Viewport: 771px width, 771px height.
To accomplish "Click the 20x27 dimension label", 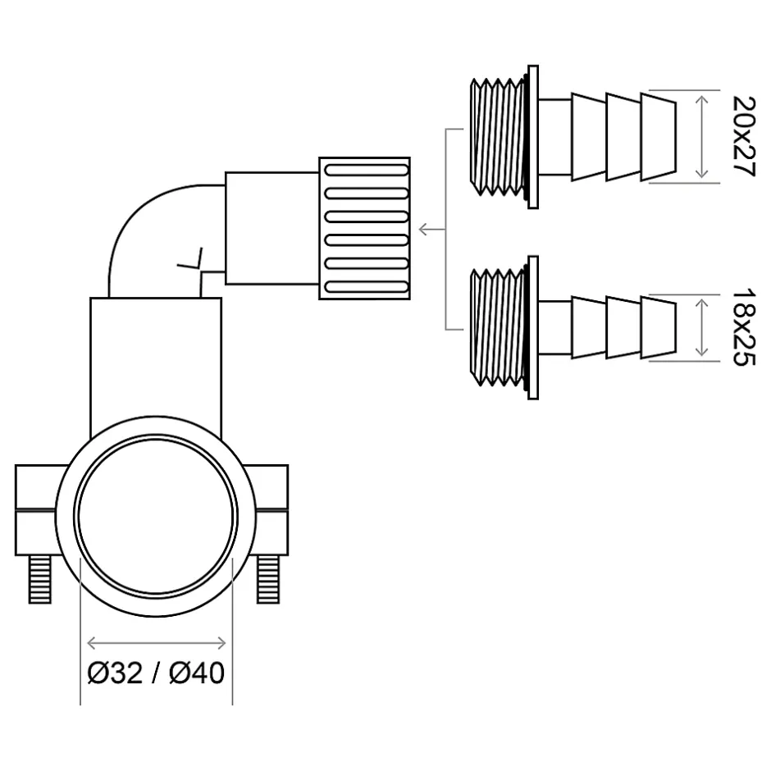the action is (743, 136).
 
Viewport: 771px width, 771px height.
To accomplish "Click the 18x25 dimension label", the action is (743, 327).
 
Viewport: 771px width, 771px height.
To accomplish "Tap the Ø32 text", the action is (115, 673).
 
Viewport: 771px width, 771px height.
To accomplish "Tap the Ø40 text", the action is (197, 673).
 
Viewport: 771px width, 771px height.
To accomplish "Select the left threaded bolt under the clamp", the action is (40, 579).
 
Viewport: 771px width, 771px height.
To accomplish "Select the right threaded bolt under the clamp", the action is (268, 579).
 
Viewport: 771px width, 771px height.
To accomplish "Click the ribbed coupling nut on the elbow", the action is (364, 228).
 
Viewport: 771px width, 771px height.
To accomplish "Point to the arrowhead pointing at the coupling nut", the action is (423, 229).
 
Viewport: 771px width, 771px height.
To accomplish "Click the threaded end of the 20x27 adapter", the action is (496, 137).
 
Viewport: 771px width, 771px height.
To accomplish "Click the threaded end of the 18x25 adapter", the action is (496, 327).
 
